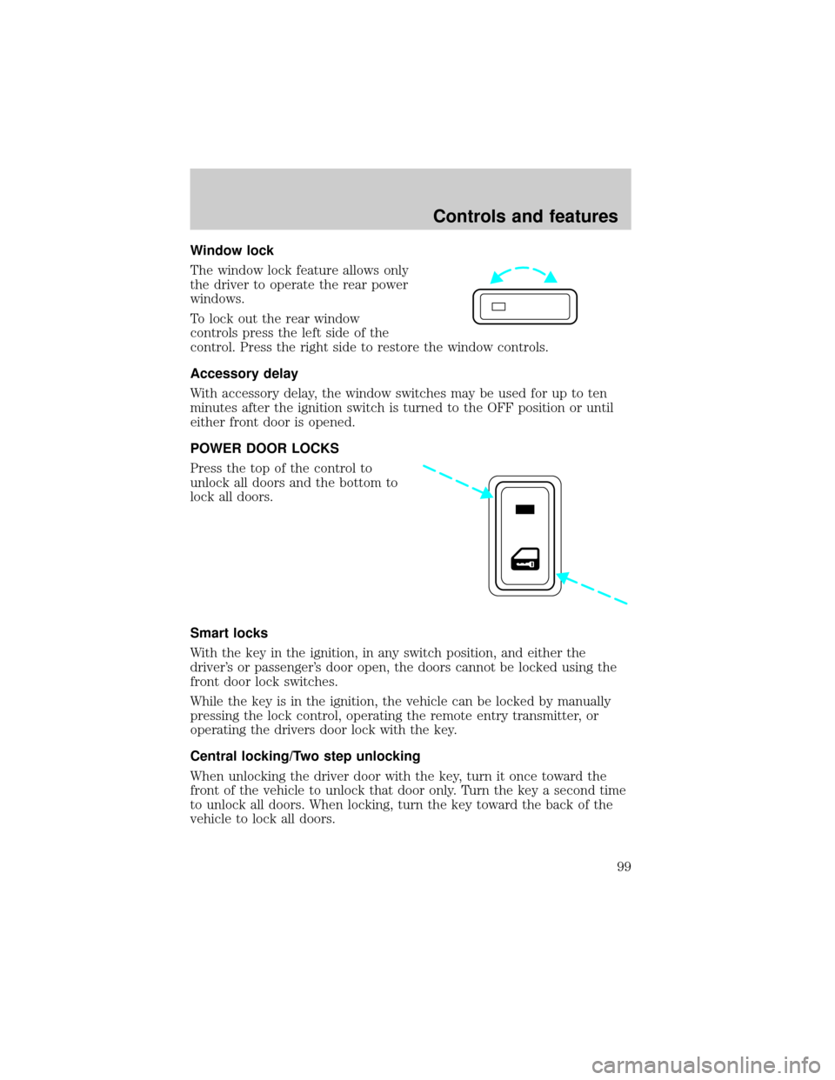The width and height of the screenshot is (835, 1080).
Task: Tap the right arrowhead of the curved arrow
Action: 553,279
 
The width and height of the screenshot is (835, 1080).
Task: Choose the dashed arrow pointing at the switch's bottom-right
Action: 591,588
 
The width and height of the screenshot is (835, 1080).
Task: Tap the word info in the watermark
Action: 812,1064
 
